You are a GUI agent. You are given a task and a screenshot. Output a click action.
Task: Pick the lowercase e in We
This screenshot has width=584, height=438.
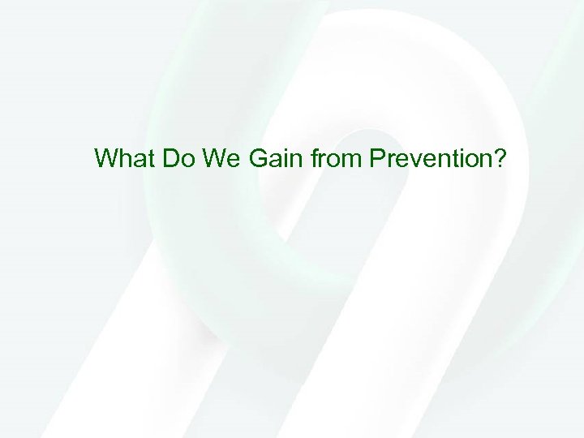pyautogui.click(x=233, y=159)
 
